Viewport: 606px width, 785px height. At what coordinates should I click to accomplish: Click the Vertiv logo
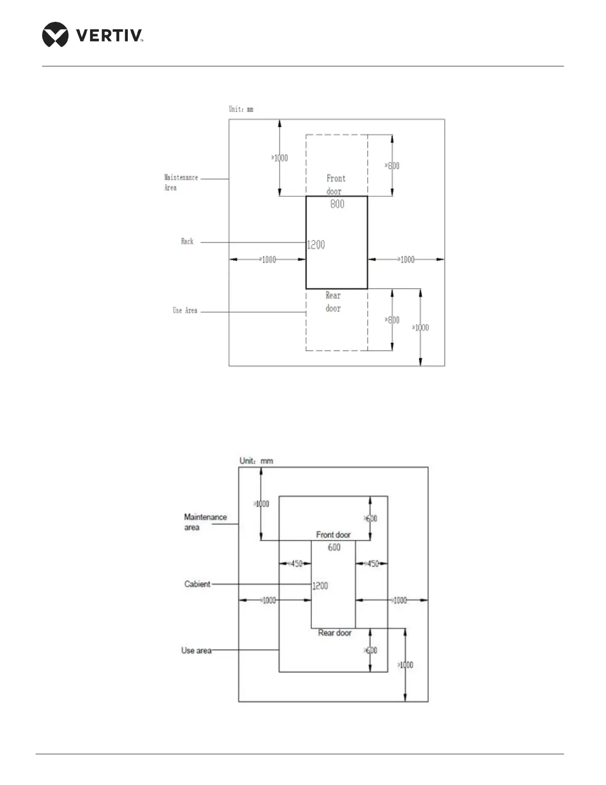click(x=93, y=35)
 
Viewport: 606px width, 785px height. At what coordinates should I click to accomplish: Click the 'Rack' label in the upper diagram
click(x=187, y=241)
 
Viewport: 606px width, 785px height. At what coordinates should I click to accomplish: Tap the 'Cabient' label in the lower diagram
click(x=197, y=584)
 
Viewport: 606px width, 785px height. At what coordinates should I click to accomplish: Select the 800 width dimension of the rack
click(x=337, y=204)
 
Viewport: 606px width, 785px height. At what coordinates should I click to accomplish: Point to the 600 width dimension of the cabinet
click(x=334, y=547)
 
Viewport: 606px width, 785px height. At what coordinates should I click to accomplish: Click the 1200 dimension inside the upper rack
click(x=316, y=244)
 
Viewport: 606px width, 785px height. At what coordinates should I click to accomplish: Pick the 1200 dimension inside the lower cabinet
click(x=320, y=586)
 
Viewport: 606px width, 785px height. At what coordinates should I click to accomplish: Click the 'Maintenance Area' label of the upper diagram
click(x=181, y=182)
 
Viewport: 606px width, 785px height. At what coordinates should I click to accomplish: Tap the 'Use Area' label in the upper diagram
click(x=185, y=310)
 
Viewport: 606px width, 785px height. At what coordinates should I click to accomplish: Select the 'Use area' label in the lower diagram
click(x=196, y=650)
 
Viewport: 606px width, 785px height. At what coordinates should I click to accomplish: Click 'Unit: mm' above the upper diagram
click(x=241, y=109)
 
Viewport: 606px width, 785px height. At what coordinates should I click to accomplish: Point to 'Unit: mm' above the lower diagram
click(x=256, y=460)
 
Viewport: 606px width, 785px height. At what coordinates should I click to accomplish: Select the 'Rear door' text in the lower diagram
click(x=335, y=633)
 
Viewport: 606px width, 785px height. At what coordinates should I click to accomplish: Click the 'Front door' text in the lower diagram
click(x=333, y=535)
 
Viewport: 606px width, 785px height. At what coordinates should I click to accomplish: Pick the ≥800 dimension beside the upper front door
click(x=392, y=166)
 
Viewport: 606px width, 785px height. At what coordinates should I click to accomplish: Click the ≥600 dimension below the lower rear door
click(x=370, y=650)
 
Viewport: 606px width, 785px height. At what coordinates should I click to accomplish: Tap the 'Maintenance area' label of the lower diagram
click(x=205, y=522)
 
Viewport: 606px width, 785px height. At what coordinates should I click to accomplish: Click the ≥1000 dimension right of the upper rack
click(x=406, y=259)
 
